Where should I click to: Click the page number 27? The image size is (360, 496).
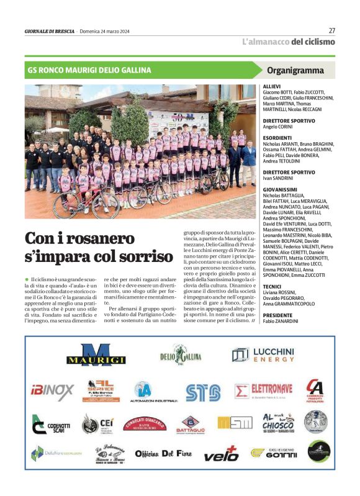click(331, 30)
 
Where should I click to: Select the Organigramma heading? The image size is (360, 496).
click(295, 70)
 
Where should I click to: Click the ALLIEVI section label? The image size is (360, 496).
click(272, 86)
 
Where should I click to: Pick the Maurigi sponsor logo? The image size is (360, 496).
click(88, 356)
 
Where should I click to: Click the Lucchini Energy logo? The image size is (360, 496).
click(263, 355)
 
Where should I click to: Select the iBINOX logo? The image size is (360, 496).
click(52, 391)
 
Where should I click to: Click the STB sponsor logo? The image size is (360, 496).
click(203, 392)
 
